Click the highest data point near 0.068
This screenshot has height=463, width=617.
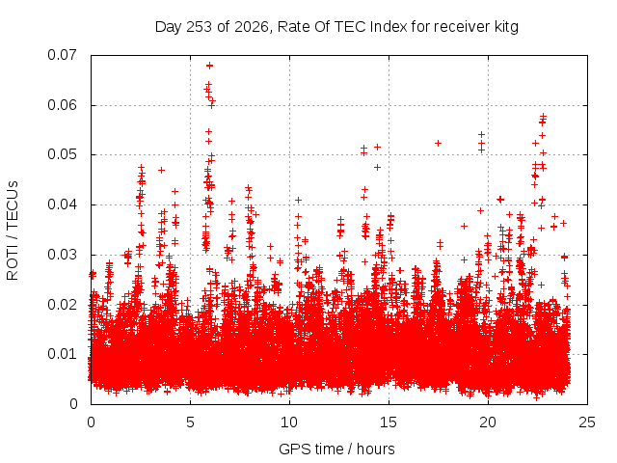(x=210, y=66)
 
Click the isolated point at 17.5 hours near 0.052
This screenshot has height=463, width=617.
(x=438, y=143)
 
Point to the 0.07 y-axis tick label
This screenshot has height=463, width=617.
(x=62, y=55)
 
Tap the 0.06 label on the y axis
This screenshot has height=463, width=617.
(x=62, y=105)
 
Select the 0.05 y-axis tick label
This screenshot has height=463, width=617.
(x=62, y=154)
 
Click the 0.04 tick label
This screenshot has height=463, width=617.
(x=62, y=204)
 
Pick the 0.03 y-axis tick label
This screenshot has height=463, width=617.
(x=62, y=255)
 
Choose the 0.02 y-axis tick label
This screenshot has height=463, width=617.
(x=62, y=305)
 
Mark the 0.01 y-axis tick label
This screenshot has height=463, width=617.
(x=62, y=354)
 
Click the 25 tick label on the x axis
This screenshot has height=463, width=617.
(x=587, y=422)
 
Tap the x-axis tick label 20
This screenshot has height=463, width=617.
(x=488, y=422)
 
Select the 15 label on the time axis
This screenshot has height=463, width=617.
(x=389, y=422)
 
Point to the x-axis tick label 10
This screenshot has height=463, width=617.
(x=289, y=422)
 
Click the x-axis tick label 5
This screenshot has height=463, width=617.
(x=190, y=422)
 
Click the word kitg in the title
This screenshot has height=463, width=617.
(x=506, y=28)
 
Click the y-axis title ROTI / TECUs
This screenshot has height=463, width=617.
(x=13, y=231)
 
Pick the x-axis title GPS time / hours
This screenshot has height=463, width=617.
(x=336, y=449)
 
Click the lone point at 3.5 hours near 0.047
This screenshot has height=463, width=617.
(x=161, y=170)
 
